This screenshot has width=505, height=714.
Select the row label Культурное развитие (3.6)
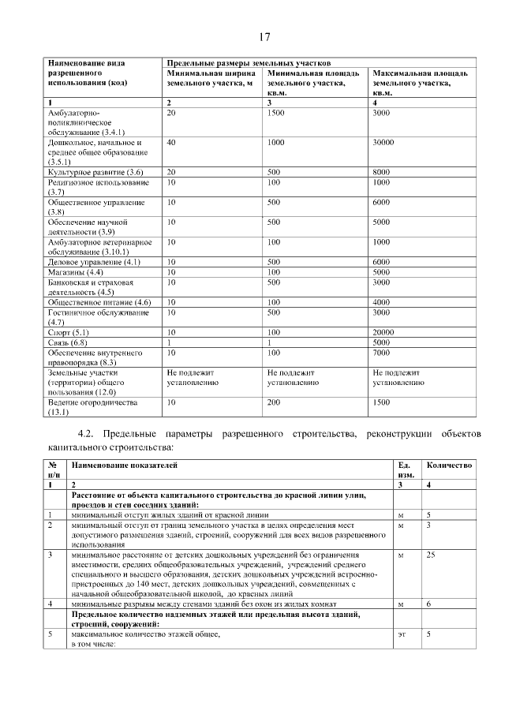(x=95, y=172)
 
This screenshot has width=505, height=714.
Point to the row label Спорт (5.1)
(x=69, y=333)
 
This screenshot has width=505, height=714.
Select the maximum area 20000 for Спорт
(x=383, y=333)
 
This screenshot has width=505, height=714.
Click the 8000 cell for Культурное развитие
(x=381, y=172)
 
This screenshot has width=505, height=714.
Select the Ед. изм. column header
(x=406, y=470)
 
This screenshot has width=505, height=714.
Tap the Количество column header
(x=449, y=465)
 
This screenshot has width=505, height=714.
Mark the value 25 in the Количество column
(x=431, y=555)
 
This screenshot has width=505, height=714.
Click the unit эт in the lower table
(x=402, y=634)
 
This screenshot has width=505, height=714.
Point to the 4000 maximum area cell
(x=381, y=302)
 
